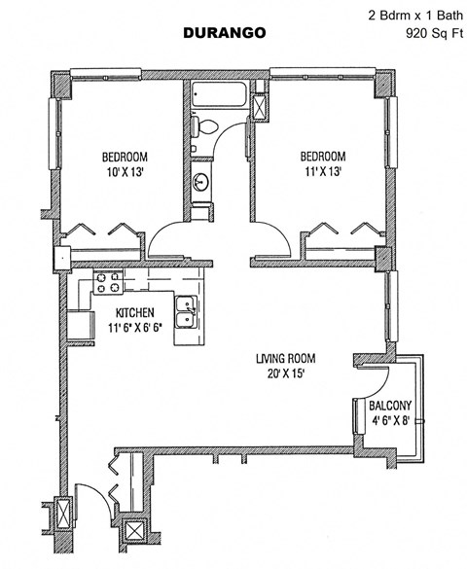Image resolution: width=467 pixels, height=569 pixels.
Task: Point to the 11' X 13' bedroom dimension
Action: coord(321,172)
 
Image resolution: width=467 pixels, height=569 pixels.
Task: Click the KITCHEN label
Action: coord(134,313)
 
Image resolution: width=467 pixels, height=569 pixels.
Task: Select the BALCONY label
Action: coord(389,406)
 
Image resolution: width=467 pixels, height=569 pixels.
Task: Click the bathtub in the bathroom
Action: coord(220,98)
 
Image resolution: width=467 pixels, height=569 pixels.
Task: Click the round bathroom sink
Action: coord(201,182)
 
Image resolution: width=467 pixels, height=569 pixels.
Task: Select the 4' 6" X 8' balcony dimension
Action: coord(389,422)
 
